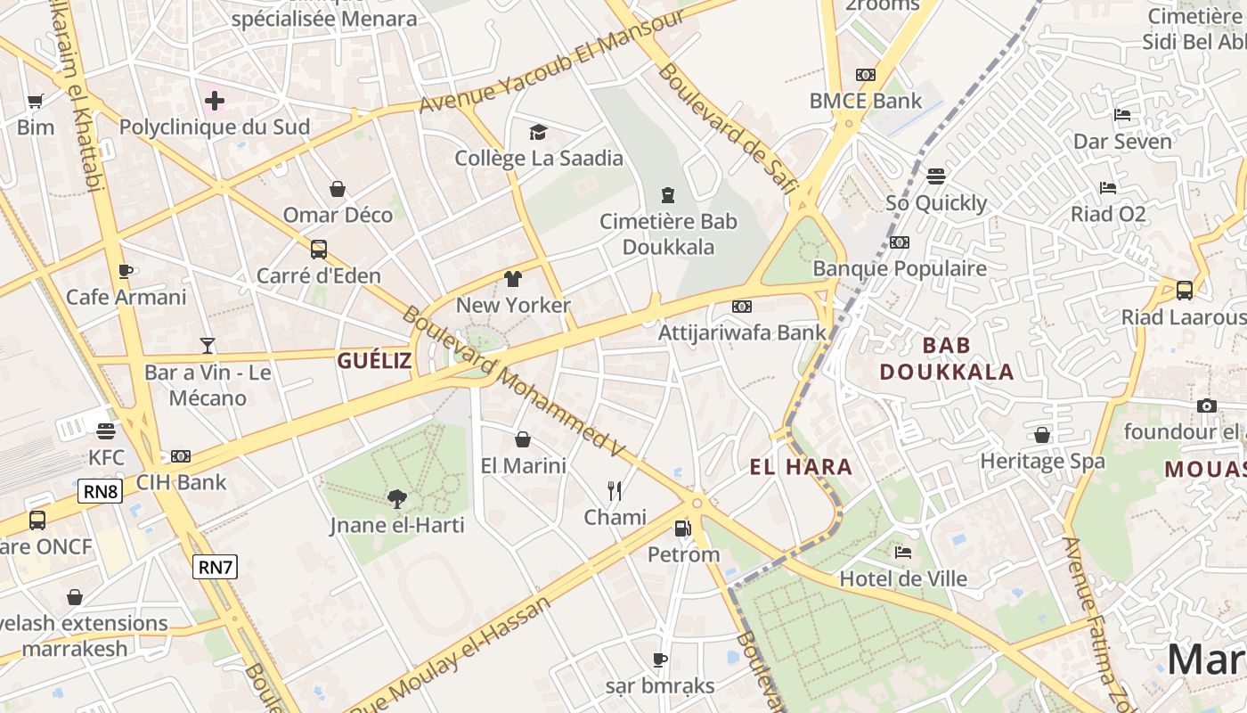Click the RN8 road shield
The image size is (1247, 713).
(x=100, y=490)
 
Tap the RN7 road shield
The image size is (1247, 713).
(x=216, y=566)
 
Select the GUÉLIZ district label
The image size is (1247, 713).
(x=374, y=360)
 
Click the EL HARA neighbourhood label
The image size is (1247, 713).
(x=801, y=466)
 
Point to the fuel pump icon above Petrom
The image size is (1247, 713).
(x=682, y=529)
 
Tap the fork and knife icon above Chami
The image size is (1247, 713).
(x=615, y=490)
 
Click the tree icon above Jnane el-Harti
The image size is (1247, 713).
(x=397, y=499)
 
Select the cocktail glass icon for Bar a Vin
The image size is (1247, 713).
(x=208, y=346)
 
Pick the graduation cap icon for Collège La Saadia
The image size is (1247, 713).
(x=538, y=133)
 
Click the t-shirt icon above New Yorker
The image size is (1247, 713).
(x=512, y=279)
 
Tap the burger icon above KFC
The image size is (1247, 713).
(x=106, y=431)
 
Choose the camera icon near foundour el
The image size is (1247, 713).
(x=1207, y=406)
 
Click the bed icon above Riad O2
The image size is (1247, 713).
(x=1108, y=187)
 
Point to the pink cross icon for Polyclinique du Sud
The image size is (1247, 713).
(x=215, y=101)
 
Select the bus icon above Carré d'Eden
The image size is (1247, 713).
(x=319, y=250)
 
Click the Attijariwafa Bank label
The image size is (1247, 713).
(x=742, y=332)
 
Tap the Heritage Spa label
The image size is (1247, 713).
(x=1042, y=461)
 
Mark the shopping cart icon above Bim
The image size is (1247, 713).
(x=36, y=102)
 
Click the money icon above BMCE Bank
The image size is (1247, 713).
(x=865, y=75)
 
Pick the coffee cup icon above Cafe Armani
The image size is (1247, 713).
(x=126, y=271)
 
